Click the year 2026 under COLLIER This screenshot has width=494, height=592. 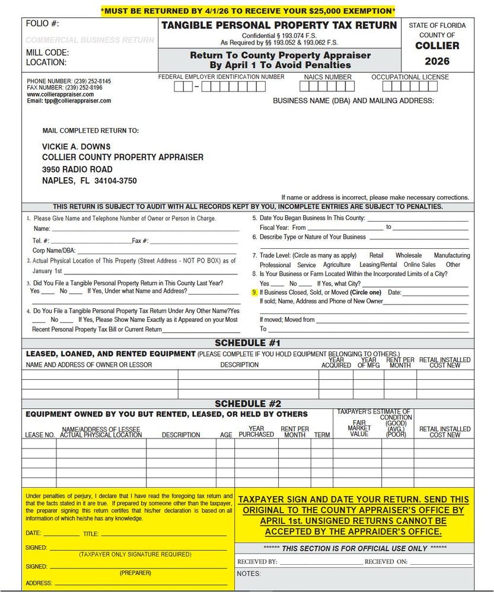tap(437, 61)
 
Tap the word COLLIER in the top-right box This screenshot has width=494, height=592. tap(437, 46)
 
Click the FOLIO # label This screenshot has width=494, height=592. tap(43, 24)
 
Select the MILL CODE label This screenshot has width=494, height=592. tap(47, 52)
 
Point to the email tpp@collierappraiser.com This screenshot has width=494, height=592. tap(69, 101)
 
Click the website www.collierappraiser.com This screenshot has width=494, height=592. tap(60, 94)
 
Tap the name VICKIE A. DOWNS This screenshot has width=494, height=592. tap(77, 146)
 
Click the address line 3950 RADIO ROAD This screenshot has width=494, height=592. tap(77, 169)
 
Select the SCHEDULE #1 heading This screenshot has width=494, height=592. tap(247, 343)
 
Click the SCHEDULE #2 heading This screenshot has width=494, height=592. tap(247, 404)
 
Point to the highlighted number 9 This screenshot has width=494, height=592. tap(254, 293)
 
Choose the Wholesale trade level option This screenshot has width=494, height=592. tap(409, 255)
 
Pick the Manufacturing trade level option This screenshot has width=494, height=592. tap(451, 255)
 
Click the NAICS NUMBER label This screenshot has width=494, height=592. tap(327, 77)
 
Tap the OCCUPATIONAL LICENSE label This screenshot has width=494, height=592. tap(410, 77)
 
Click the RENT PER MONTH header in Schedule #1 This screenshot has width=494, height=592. tap(400, 363)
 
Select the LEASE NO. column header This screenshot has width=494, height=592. tap(40, 435)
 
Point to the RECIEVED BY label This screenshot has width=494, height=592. tap(257, 561)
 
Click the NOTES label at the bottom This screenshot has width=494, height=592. tap(248, 574)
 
